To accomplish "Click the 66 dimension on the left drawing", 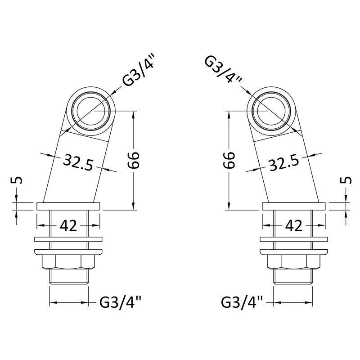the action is (x=133, y=160).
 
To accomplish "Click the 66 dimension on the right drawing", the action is (x=229, y=160).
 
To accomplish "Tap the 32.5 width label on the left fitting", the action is (x=78, y=162).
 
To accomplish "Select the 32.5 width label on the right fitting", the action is (x=284, y=162).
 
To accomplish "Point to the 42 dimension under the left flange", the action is (x=68, y=226).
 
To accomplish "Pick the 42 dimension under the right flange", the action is (x=294, y=226).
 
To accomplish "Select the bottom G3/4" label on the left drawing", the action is (x=120, y=302).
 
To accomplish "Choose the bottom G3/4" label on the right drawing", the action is (x=242, y=302).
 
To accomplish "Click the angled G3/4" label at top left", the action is (x=137, y=72).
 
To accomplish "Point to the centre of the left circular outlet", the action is (x=91, y=111).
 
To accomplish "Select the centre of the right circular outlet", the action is (x=271, y=111).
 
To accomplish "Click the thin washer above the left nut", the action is (x=68, y=239).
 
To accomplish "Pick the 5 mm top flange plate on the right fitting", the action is (x=294, y=206).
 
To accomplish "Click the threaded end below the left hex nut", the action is (x=69, y=277).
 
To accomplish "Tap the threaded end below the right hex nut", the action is (x=293, y=277).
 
